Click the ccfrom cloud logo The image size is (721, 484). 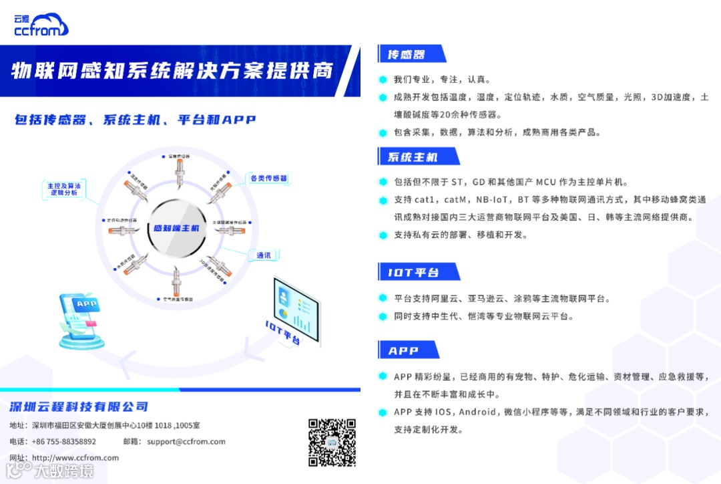point(41,24)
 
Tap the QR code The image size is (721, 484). point(332,442)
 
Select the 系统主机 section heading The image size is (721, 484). point(413,157)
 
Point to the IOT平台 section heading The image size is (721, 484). point(414,272)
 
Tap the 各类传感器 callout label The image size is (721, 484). point(268,178)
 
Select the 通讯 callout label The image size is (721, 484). point(263,255)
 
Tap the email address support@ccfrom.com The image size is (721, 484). point(186,441)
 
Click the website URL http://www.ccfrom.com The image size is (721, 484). point(75,458)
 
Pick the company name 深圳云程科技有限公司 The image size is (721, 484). point(79,407)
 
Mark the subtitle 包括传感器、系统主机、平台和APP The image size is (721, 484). point(136,120)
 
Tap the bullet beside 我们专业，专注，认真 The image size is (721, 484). point(383,79)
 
